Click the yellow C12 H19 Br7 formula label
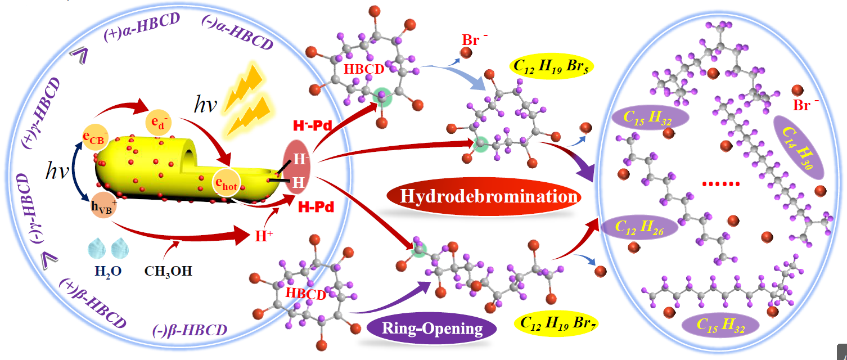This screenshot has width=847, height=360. tap(555, 323)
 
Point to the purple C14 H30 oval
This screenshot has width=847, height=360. tap(798, 146)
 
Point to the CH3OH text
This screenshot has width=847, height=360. tap(169, 271)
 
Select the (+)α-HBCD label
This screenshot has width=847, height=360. tap(142, 28)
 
